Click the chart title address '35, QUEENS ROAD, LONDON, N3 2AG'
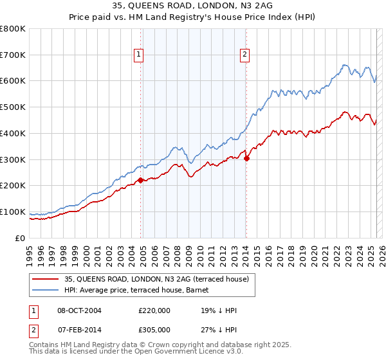192,5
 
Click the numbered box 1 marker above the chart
139,55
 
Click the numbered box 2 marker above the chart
245,55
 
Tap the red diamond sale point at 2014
246,158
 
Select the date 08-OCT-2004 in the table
79,310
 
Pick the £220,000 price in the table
154,310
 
